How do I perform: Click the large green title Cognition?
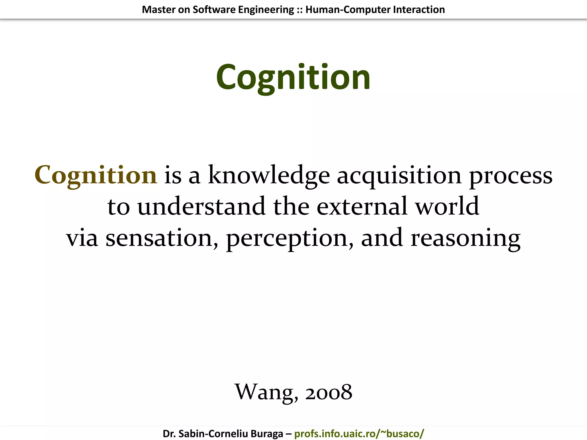[x=293, y=77]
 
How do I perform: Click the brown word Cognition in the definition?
[x=96, y=175]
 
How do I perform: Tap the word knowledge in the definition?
[x=269, y=175]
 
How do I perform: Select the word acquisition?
[x=399, y=175]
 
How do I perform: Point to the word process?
[x=511, y=175]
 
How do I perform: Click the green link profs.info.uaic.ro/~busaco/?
[x=359, y=433]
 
